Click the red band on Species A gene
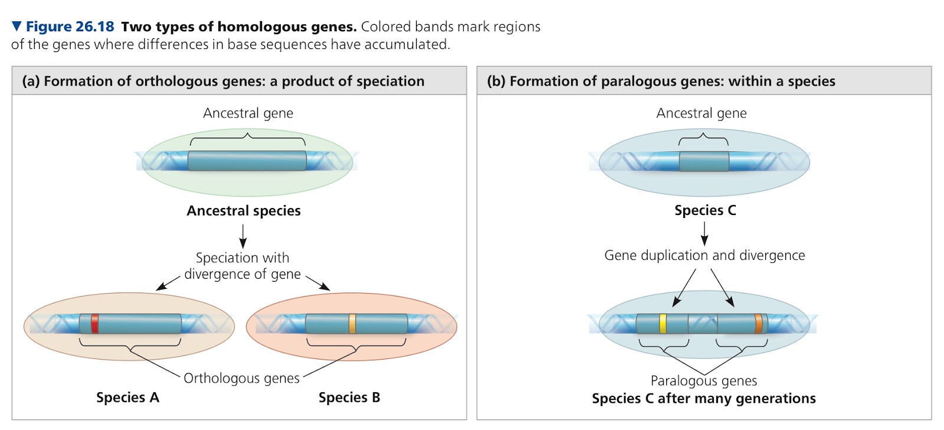click(95, 324)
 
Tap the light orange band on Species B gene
click(352, 324)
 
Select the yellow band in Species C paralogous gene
click(663, 324)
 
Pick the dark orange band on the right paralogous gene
click(759, 324)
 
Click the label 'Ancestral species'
click(244, 210)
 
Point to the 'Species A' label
click(127, 398)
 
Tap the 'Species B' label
click(349, 398)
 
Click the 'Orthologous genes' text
click(241, 378)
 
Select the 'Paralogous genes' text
click(704, 380)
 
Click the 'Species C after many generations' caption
click(704, 398)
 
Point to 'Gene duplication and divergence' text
click(704, 255)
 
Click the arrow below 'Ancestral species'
click(242, 236)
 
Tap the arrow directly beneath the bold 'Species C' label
click(704, 234)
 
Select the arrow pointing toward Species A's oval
click(168, 283)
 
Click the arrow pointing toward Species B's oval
click(318, 283)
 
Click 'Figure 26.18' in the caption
click(70, 27)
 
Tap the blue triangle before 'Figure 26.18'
click(17, 26)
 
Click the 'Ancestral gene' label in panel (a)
click(248, 113)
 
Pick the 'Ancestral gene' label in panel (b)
click(702, 113)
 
